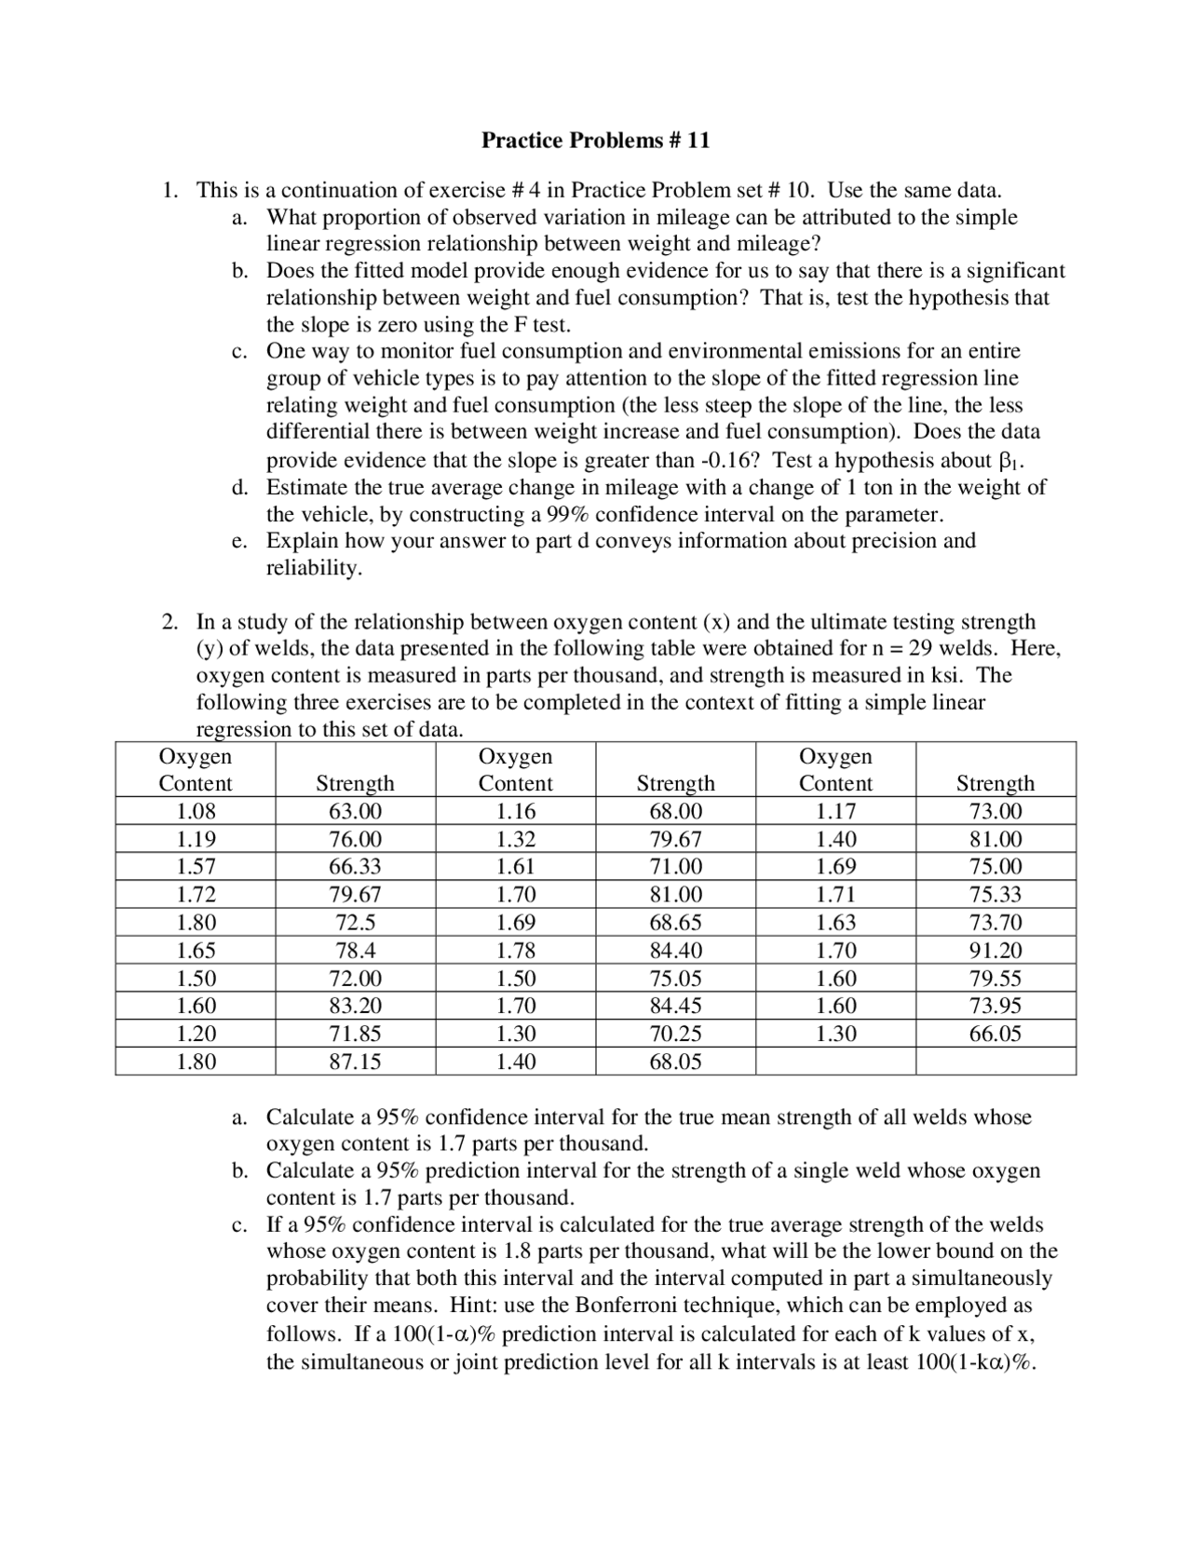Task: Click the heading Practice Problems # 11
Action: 595,141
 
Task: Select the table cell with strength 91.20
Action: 996,951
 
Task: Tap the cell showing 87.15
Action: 355,1062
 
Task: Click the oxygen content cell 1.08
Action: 196,811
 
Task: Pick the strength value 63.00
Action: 355,811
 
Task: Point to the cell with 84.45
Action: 675,1006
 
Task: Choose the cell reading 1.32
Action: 515,839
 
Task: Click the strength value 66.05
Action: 996,1034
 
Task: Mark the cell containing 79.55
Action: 996,979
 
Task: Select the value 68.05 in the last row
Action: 675,1062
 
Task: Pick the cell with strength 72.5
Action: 355,923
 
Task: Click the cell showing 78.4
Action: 355,951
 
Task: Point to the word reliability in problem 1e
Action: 313,568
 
